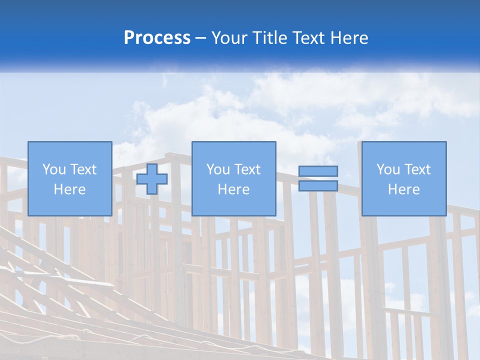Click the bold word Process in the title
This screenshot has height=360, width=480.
tap(157, 38)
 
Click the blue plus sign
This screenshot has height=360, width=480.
tap(152, 179)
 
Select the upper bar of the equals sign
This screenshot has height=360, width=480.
tap(318, 171)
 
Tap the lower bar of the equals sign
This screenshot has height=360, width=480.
tap(318, 185)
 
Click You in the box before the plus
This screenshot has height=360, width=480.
tap(54, 169)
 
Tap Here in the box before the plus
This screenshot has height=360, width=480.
tap(69, 189)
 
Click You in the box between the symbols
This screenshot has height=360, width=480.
tap(218, 169)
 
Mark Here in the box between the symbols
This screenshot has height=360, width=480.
tap(233, 189)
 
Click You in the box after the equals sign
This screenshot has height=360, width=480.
tap(388, 169)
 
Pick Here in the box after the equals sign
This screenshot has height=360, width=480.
tap(404, 189)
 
